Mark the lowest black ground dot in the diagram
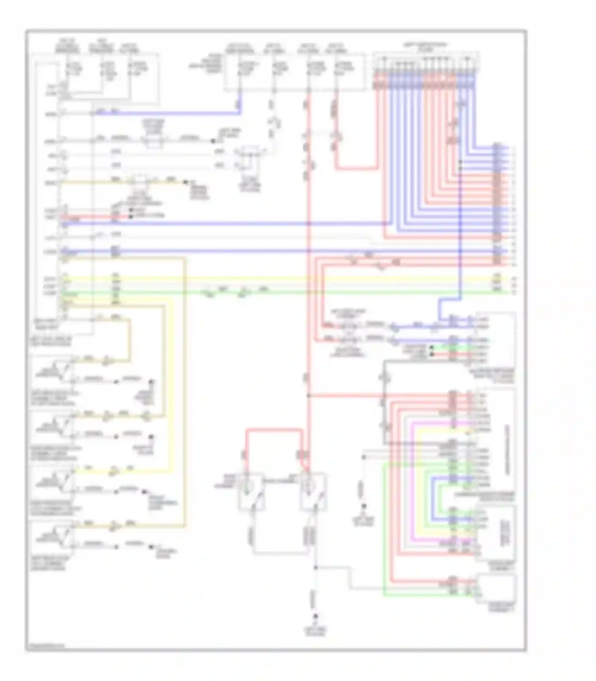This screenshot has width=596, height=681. tap(316, 616)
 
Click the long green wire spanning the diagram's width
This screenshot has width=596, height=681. tap(278, 293)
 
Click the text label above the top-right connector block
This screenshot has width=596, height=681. tap(425, 47)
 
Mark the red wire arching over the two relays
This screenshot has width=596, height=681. tap(274, 430)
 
